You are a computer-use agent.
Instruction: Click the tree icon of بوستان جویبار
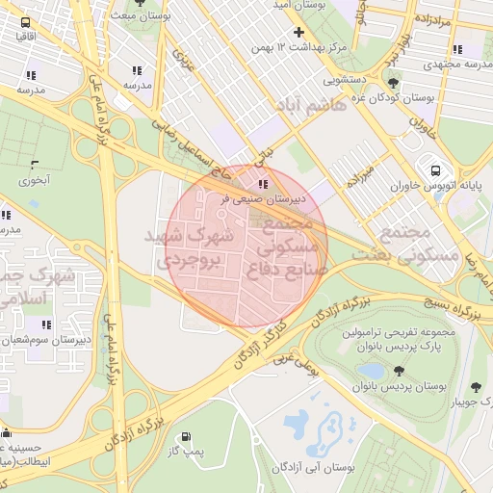(474, 388)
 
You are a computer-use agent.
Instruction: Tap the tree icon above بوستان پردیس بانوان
(399, 371)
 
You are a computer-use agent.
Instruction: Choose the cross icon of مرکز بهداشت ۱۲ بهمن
(298, 33)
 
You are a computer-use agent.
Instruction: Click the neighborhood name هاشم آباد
(308, 107)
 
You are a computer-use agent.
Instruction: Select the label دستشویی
(346, 82)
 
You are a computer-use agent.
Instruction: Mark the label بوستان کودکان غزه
(424, 100)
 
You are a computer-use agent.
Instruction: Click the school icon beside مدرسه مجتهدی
(457, 49)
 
